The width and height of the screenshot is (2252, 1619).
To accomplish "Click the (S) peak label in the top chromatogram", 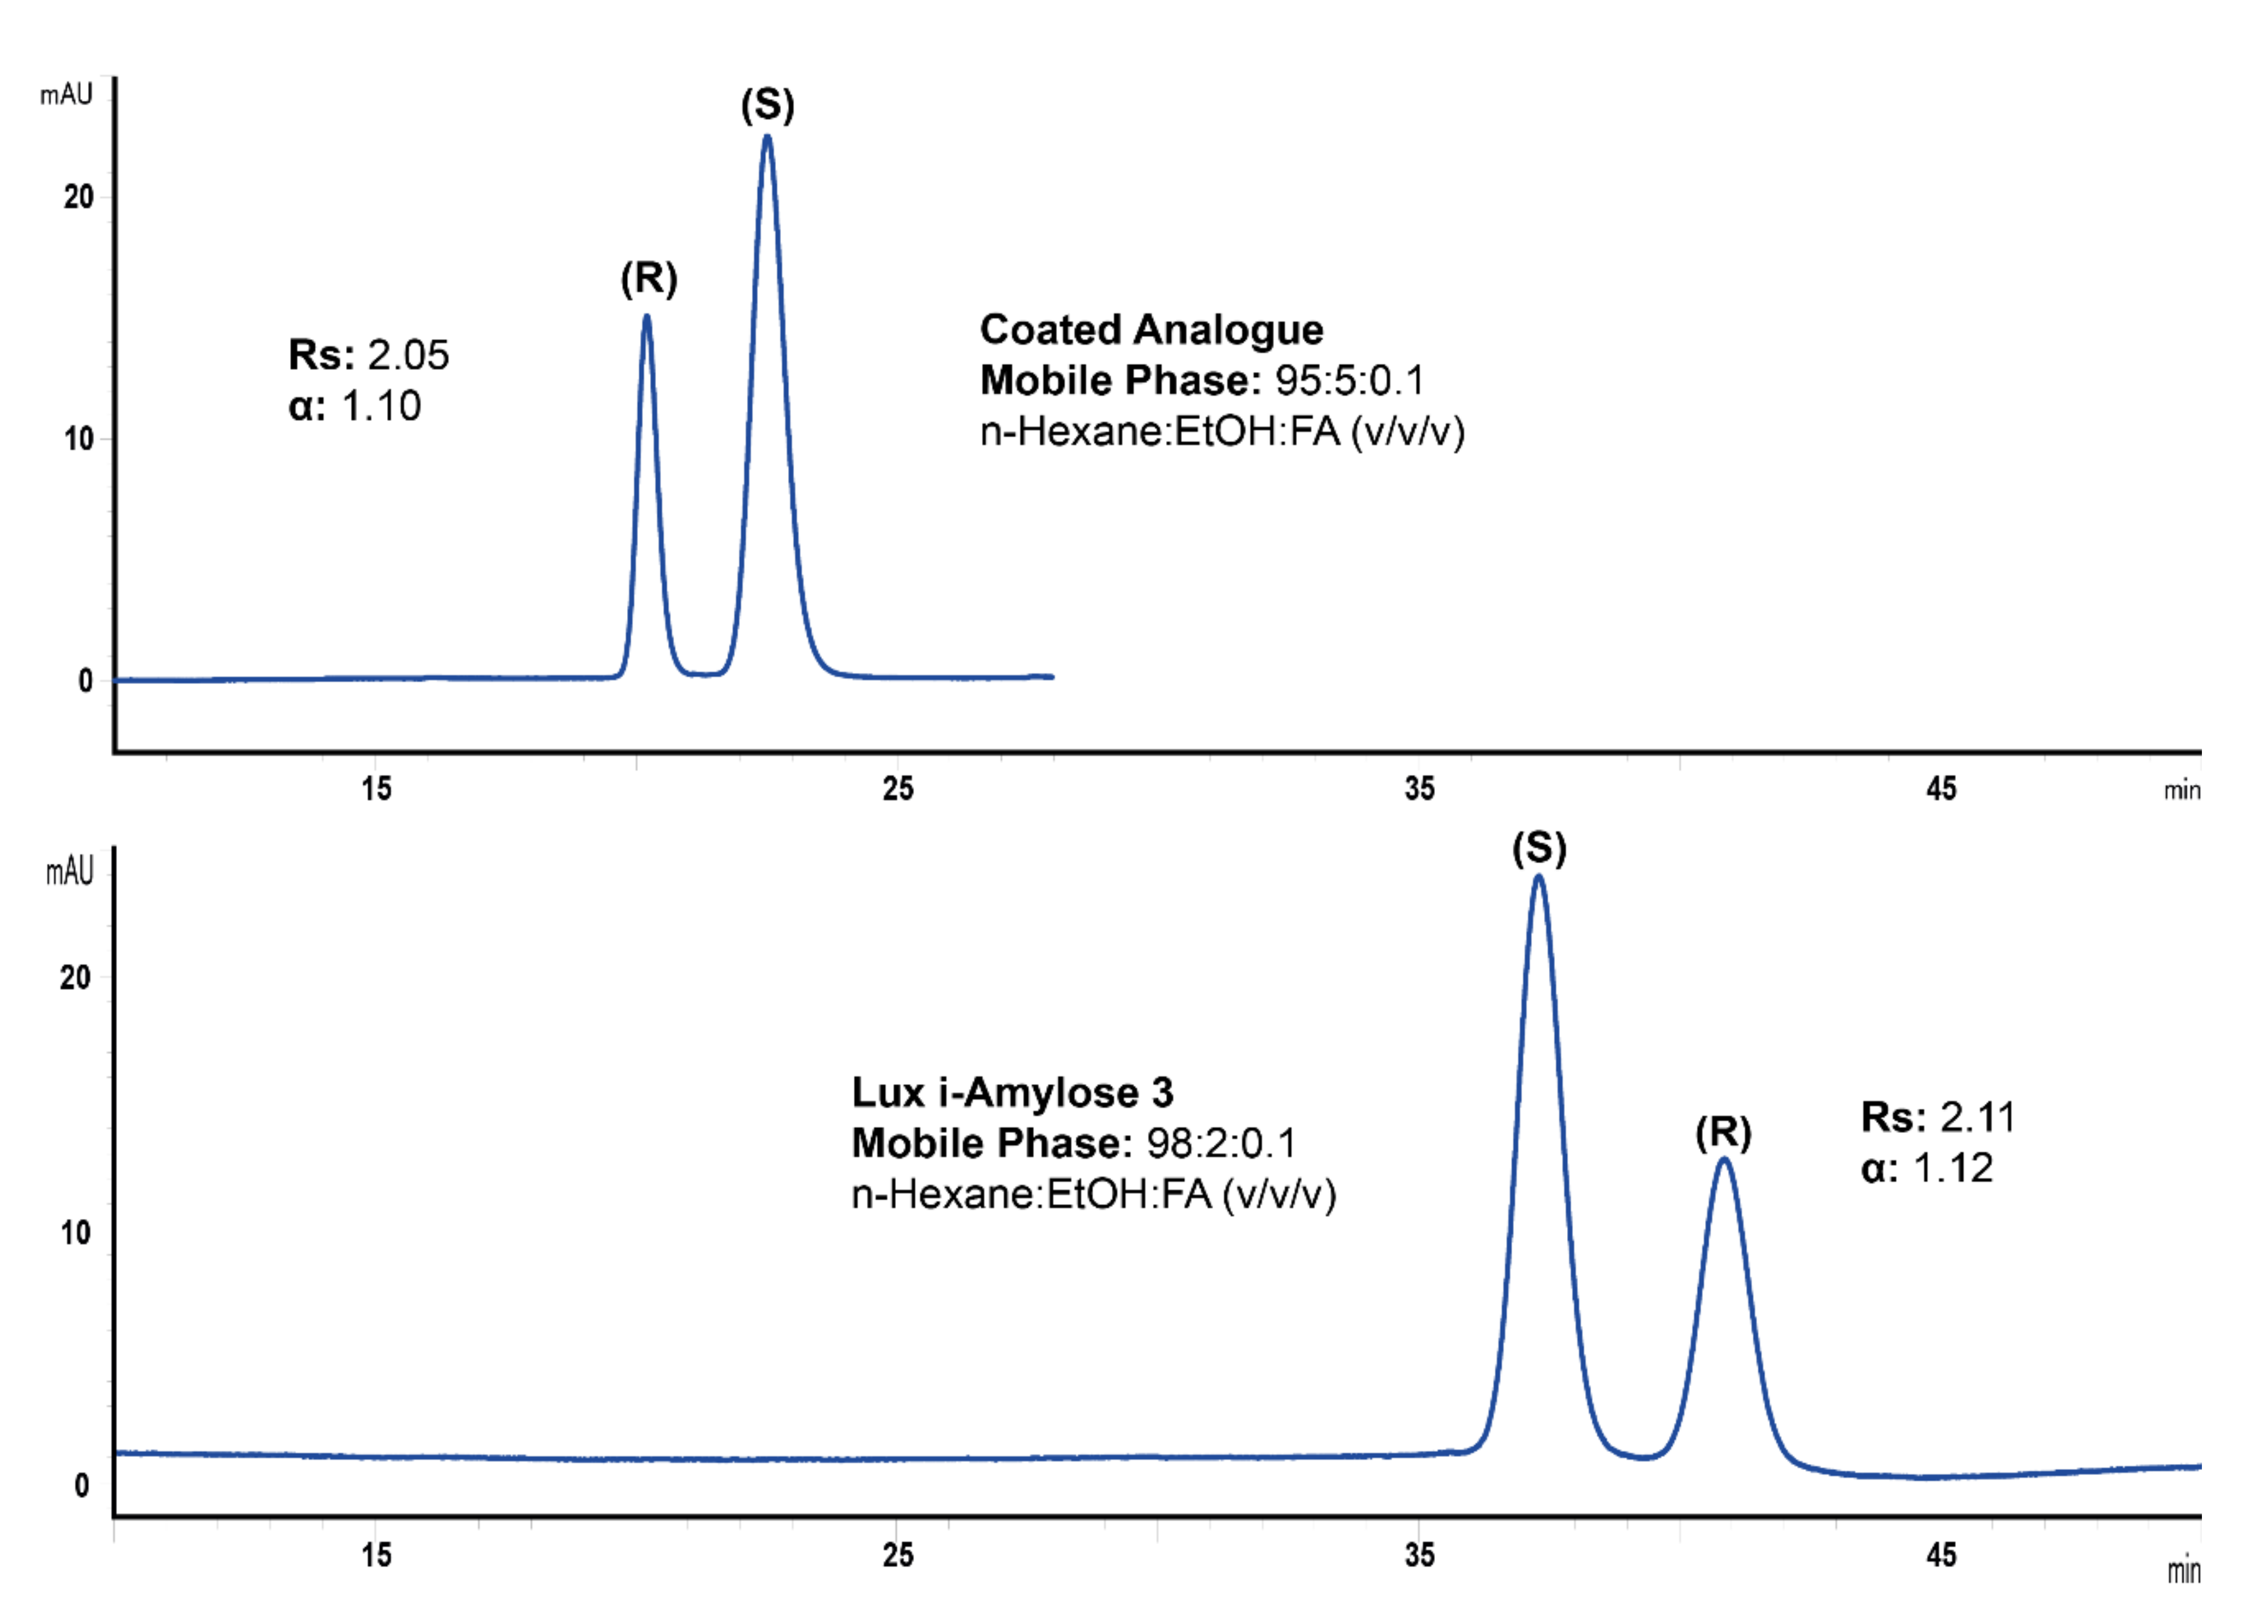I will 768,106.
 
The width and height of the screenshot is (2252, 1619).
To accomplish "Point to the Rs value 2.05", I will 408,355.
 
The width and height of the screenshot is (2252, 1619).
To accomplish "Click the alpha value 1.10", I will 381,406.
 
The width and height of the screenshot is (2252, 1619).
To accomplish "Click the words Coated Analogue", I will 1151,330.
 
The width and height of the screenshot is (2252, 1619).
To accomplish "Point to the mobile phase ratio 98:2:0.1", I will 1222,1143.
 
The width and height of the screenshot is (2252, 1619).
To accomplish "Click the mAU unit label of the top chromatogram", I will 66,95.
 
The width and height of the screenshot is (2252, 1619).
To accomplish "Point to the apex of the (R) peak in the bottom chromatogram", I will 1725,1159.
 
